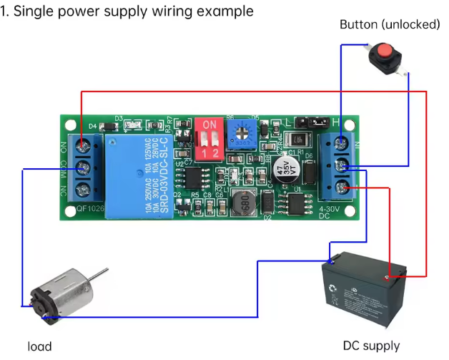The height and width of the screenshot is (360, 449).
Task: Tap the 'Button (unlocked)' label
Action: (389, 24)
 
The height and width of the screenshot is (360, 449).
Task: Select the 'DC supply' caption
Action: (371, 346)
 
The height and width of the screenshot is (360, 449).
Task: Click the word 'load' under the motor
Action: (40, 346)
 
